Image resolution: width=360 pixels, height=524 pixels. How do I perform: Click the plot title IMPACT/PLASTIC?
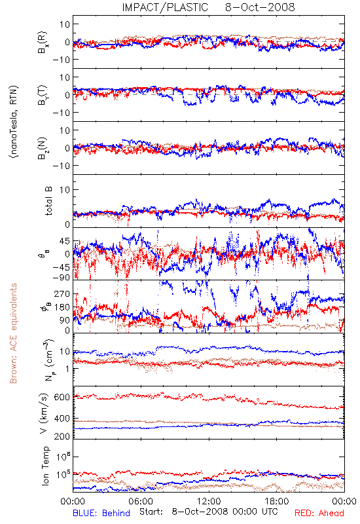coord(165,7)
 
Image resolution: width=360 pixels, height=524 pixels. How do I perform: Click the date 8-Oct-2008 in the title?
coord(260,7)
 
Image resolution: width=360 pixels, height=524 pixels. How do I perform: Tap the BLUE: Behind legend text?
coord(101,513)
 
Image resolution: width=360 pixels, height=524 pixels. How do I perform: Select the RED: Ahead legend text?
coord(319,513)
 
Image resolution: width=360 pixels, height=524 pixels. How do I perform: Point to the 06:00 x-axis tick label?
coord(141,501)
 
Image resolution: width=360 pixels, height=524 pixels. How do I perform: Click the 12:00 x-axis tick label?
coord(209,501)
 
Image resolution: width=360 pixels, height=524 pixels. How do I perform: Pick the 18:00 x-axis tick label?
coord(277,501)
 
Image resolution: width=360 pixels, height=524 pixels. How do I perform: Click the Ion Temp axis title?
coord(45,466)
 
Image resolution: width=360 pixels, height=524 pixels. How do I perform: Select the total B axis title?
coord(48,201)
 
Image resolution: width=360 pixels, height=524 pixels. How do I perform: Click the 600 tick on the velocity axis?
coord(62,397)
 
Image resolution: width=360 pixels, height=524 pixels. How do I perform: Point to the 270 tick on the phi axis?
coord(62,293)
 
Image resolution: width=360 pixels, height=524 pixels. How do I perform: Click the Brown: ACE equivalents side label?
coord(13,333)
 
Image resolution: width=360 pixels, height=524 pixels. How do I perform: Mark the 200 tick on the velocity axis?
coord(62,436)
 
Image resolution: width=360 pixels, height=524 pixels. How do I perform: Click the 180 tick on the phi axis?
coord(62,307)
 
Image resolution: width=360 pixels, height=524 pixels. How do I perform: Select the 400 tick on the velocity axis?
coord(62,419)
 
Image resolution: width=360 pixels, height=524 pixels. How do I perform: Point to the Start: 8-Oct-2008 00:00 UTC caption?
coord(209,512)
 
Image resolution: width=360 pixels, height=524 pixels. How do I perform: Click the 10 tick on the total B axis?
coord(65,190)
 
